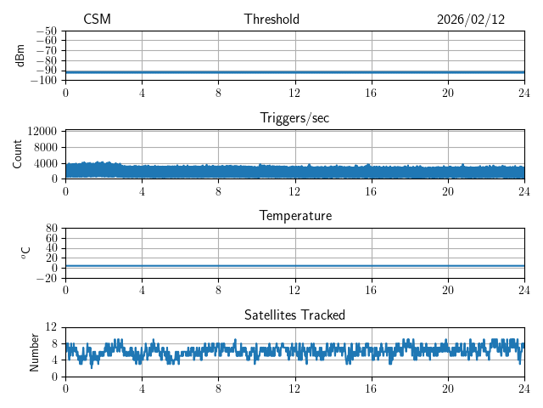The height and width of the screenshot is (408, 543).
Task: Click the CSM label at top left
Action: pos(97,20)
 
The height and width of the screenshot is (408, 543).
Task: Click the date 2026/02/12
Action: pos(471,20)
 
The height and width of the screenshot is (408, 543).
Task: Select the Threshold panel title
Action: pos(271,20)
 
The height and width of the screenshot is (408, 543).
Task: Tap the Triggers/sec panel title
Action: pos(294,118)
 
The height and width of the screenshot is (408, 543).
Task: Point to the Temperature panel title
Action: pos(294,216)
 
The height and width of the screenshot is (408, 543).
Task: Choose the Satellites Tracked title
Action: pos(294,314)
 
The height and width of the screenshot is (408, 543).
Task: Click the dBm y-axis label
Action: pos(20,55)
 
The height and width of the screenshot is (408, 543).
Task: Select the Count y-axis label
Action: pos(19,154)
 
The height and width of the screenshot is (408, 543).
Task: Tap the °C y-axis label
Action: pos(26,252)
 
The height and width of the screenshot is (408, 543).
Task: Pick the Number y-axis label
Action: pos(35,351)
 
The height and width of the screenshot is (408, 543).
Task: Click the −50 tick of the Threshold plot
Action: pos(46,31)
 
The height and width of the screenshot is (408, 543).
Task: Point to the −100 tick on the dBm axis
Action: pos(43,80)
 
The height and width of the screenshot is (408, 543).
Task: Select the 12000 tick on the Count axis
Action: pos(42,131)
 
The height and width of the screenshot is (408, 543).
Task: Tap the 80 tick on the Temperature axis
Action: pos(51,229)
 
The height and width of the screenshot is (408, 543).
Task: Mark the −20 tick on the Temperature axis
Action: pos(46,278)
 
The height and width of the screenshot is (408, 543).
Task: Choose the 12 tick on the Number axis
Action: pos(51,327)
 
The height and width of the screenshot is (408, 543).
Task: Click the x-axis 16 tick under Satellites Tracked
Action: pos(372,388)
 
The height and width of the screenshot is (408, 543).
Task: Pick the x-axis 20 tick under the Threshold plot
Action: pos(448,93)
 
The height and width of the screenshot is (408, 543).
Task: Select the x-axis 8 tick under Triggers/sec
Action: pos(218,191)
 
